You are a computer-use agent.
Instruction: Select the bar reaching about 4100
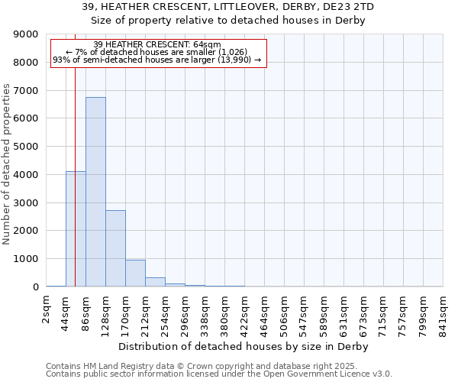(x=76, y=229)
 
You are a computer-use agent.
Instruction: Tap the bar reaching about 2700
(x=115, y=248)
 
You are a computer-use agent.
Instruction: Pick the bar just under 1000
(x=135, y=273)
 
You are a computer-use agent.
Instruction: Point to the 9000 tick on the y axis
(x=26, y=34)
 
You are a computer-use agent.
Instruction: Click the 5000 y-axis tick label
(x=26, y=147)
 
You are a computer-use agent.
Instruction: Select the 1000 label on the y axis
(x=26, y=259)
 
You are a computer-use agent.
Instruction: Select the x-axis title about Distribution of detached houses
(x=244, y=346)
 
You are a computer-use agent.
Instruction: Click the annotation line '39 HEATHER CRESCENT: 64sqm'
(x=157, y=45)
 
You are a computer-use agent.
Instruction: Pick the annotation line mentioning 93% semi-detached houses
(x=157, y=60)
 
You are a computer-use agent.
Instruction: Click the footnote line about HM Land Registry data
(x=206, y=366)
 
